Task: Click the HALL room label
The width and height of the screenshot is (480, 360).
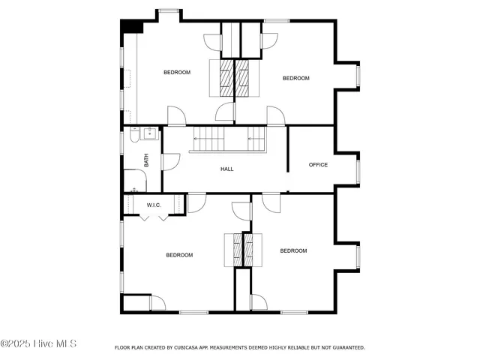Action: coord(226,169)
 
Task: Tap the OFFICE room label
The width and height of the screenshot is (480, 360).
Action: coord(319,165)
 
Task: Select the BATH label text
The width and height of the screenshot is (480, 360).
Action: coord(147,160)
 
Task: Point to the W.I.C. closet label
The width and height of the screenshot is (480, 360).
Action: coord(154,205)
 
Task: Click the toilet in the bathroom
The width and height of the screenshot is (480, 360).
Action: coord(134,136)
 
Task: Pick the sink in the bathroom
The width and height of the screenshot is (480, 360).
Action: coord(149,134)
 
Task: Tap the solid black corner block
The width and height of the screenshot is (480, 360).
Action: coord(133,25)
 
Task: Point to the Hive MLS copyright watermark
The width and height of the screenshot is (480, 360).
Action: coord(38,344)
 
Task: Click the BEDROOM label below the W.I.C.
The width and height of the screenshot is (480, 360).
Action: coord(179,255)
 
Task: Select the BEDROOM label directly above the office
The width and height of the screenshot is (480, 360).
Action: coord(296,78)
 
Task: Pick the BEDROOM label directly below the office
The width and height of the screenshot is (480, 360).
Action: coord(293,250)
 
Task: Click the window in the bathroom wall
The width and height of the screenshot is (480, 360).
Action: coord(123,142)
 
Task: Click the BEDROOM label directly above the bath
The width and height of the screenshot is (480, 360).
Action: coord(177,72)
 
